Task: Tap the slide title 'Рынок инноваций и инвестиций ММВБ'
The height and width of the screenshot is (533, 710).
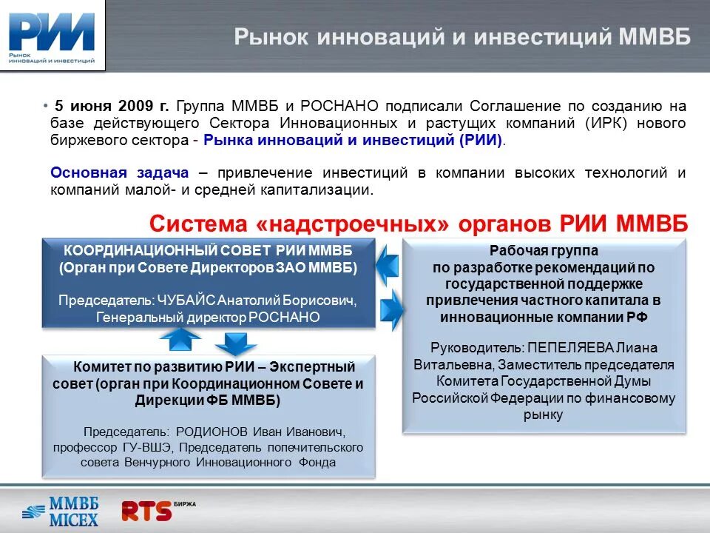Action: coord(462,37)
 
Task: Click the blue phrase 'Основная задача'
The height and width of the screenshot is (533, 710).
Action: coord(119,172)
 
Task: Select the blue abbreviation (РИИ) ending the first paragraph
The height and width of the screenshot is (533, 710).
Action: coord(481,141)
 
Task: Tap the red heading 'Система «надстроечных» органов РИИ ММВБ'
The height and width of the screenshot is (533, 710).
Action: coord(419,223)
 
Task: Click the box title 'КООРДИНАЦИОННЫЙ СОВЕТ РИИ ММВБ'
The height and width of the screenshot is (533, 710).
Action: coord(208,250)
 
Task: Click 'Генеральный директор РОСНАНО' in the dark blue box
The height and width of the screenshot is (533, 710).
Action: coord(208,318)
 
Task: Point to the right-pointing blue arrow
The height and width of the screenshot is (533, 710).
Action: coord(390,304)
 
